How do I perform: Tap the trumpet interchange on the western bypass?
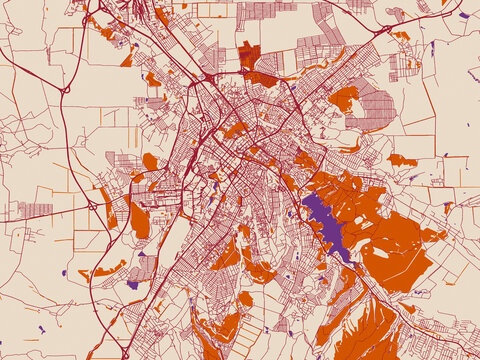pyautogui.click(x=66, y=90)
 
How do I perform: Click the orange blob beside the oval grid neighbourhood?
pyautogui.click(x=343, y=98)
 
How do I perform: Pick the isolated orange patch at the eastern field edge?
pyautogui.click(x=401, y=160)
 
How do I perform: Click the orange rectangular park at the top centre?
pyautogui.click(x=249, y=54)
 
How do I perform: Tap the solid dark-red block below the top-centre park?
pyautogui.click(x=262, y=78)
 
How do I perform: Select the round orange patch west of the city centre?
pyautogui.click(x=150, y=161)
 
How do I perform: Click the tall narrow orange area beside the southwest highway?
pyautogui.click(x=140, y=220)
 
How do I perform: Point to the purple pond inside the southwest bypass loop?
pyautogui.click(x=132, y=285)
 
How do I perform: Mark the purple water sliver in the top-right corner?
pyautogui.click(x=463, y=15)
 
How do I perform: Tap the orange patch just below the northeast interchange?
pyautogui.click(x=401, y=36)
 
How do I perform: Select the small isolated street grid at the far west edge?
pyautogui.click(x=35, y=210)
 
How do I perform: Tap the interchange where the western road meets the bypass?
pyautogui.click(x=91, y=205)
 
